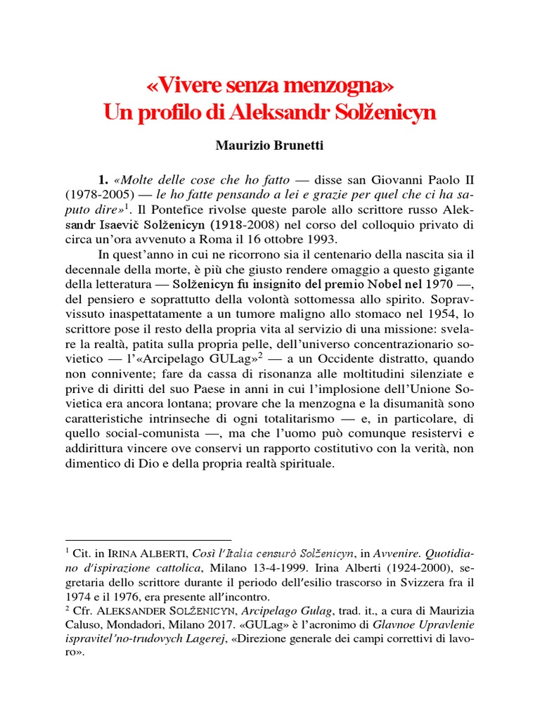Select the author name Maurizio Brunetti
(x=270, y=148)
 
